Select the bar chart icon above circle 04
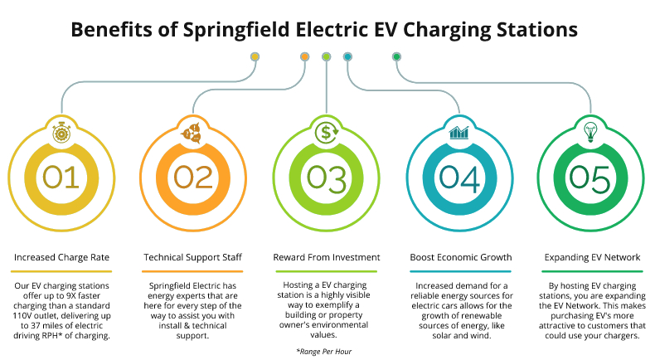click(x=459, y=132)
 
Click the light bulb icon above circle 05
click(x=592, y=131)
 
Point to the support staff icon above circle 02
click(x=193, y=132)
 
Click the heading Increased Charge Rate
click(x=61, y=257)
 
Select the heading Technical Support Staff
click(x=192, y=257)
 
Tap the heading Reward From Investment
click(x=327, y=257)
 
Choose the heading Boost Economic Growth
click(x=458, y=257)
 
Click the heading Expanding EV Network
click(x=592, y=257)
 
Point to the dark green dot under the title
click(x=397, y=56)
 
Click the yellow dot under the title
click(x=255, y=56)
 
